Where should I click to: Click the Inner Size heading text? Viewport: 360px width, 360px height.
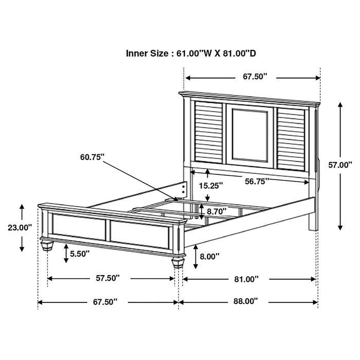pyautogui.click(x=199, y=53)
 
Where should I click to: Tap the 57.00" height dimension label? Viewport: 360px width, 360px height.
pyautogui.click(x=339, y=165)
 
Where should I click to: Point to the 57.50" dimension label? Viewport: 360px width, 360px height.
pyautogui.click(x=107, y=278)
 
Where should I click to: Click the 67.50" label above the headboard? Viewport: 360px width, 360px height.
pyautogui.click(x=256, y=77)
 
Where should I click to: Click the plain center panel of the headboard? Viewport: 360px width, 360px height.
pyautogui.click(x=250, y=134)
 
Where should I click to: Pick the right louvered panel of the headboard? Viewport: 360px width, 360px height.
pyautogui.click(x=293, y=138)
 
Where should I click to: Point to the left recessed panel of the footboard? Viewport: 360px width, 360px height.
pyautogui.click(x=79, y=227)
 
